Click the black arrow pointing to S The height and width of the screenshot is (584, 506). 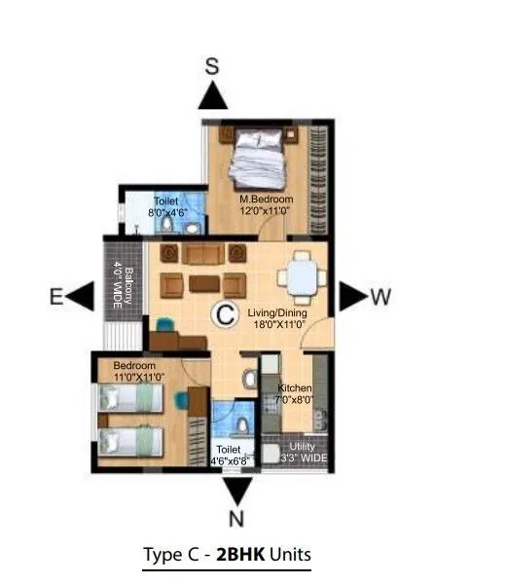point(214,96)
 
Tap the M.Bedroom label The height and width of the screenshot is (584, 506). point(267,201)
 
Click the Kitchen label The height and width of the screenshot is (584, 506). point(295,387)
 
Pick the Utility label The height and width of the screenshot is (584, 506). point(302,445)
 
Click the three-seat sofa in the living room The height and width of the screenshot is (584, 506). point(202,255)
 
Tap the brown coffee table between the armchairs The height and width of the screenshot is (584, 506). point(203,284)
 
